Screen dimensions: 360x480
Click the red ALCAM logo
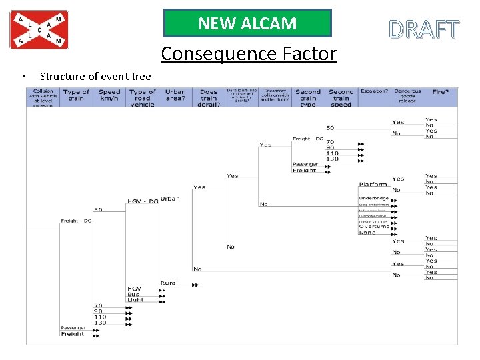pyautogui.click(x=39, y=29)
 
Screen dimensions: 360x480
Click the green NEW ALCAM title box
pyautogui.click(x=247, y=23)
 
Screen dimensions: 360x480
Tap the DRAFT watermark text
pyautogui.click(x=424, y=30)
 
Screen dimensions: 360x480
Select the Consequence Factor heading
pyautogui.click(x=249, y=53)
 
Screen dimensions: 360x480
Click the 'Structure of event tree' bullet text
pyautogui.click(x=95, y=77)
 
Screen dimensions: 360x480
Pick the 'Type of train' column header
pyautogui.click(x=76, y=96)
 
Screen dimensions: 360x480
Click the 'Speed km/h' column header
pyautogui.click(x=109, y=96)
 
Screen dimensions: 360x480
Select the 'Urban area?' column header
pyautogui.click(x=175, y=96)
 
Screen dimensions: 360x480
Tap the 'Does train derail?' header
pyautogui.click(x=209, y=97)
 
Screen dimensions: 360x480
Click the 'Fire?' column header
pyautogui.click(x=440, y=92)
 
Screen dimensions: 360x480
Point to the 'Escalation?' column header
pyautogui.click(x=374, y=91)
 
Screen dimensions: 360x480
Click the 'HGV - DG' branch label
pyautogui.click(x=143, y=201)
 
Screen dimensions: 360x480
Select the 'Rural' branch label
pyautogui.click(x=169, y=283)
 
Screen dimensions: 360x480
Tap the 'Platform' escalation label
pyautogui.click(x=373, y=184)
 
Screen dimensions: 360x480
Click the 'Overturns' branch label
pyautogui.click(x=373, y=227)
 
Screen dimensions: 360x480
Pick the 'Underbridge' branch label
pyautogui.click(x=373, y=198)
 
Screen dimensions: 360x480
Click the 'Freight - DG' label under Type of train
pyautogui.click(x=76, y=221)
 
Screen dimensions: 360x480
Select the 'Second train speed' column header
pyautogui.click(x=341, y=97)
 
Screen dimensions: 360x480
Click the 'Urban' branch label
pyautogui.click(x=169, y=199)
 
